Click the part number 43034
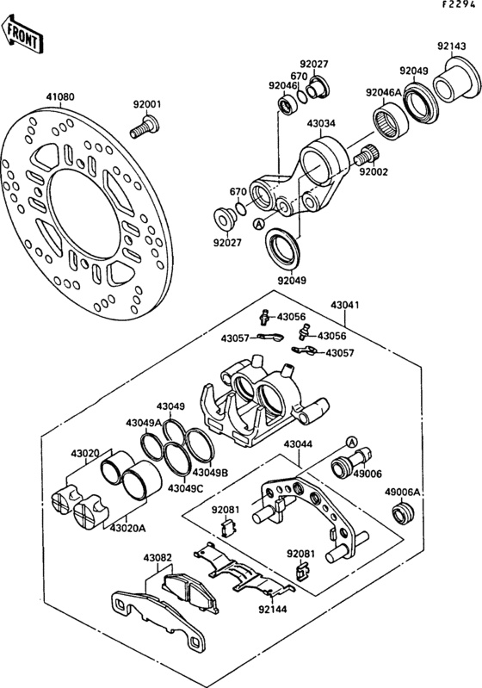click(x=321, y=123)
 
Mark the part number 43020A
click(x=127, y=528)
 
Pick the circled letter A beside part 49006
click(x=352, y=441)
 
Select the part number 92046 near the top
click(x=282, y=86)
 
